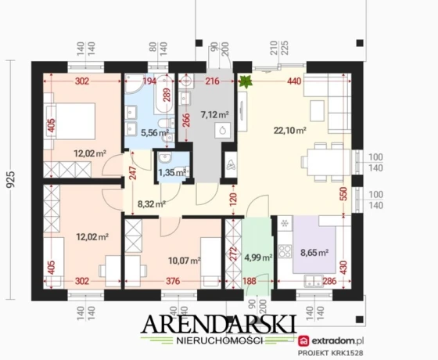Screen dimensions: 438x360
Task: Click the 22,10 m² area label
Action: tap(290, 130)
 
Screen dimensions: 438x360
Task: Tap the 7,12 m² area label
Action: tap(215, 114)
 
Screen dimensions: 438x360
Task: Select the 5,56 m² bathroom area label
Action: tap(155, 132)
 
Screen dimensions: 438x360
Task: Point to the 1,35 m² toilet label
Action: tap(172, 172)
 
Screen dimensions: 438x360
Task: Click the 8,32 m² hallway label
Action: tap(152, 203)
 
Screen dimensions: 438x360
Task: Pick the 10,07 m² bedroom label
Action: tap(185, 261)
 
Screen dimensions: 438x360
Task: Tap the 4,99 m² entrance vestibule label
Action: tap(258, 257)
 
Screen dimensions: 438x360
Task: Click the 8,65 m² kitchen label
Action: tap(314, 253)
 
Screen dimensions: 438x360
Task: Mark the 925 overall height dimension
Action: tap(11, 180)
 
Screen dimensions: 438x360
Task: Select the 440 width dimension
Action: tap(294, 81)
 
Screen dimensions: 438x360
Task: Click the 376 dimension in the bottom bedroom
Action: tap(173, 281)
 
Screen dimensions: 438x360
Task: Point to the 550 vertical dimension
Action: tap(344, 194)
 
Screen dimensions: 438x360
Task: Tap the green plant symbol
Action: tap(245, 81)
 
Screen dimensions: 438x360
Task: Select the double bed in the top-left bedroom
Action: tap(70, 121)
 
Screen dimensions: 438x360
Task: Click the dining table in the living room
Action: tap(328, 162)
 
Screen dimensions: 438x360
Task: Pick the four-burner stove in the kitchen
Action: tap(285, 250)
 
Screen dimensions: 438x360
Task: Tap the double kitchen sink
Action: tap(314, 281)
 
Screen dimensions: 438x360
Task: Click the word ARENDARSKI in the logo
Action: tap(219, 324)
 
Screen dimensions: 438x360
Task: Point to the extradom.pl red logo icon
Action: tap(303, 340)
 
